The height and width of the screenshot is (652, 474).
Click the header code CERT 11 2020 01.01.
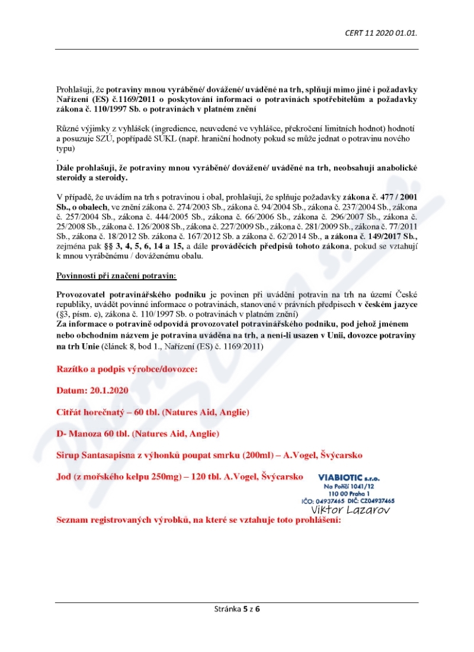381,33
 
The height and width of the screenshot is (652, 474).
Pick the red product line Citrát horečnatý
152,412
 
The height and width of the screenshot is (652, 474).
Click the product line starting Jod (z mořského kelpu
180,477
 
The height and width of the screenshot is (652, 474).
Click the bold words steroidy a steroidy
92,178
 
